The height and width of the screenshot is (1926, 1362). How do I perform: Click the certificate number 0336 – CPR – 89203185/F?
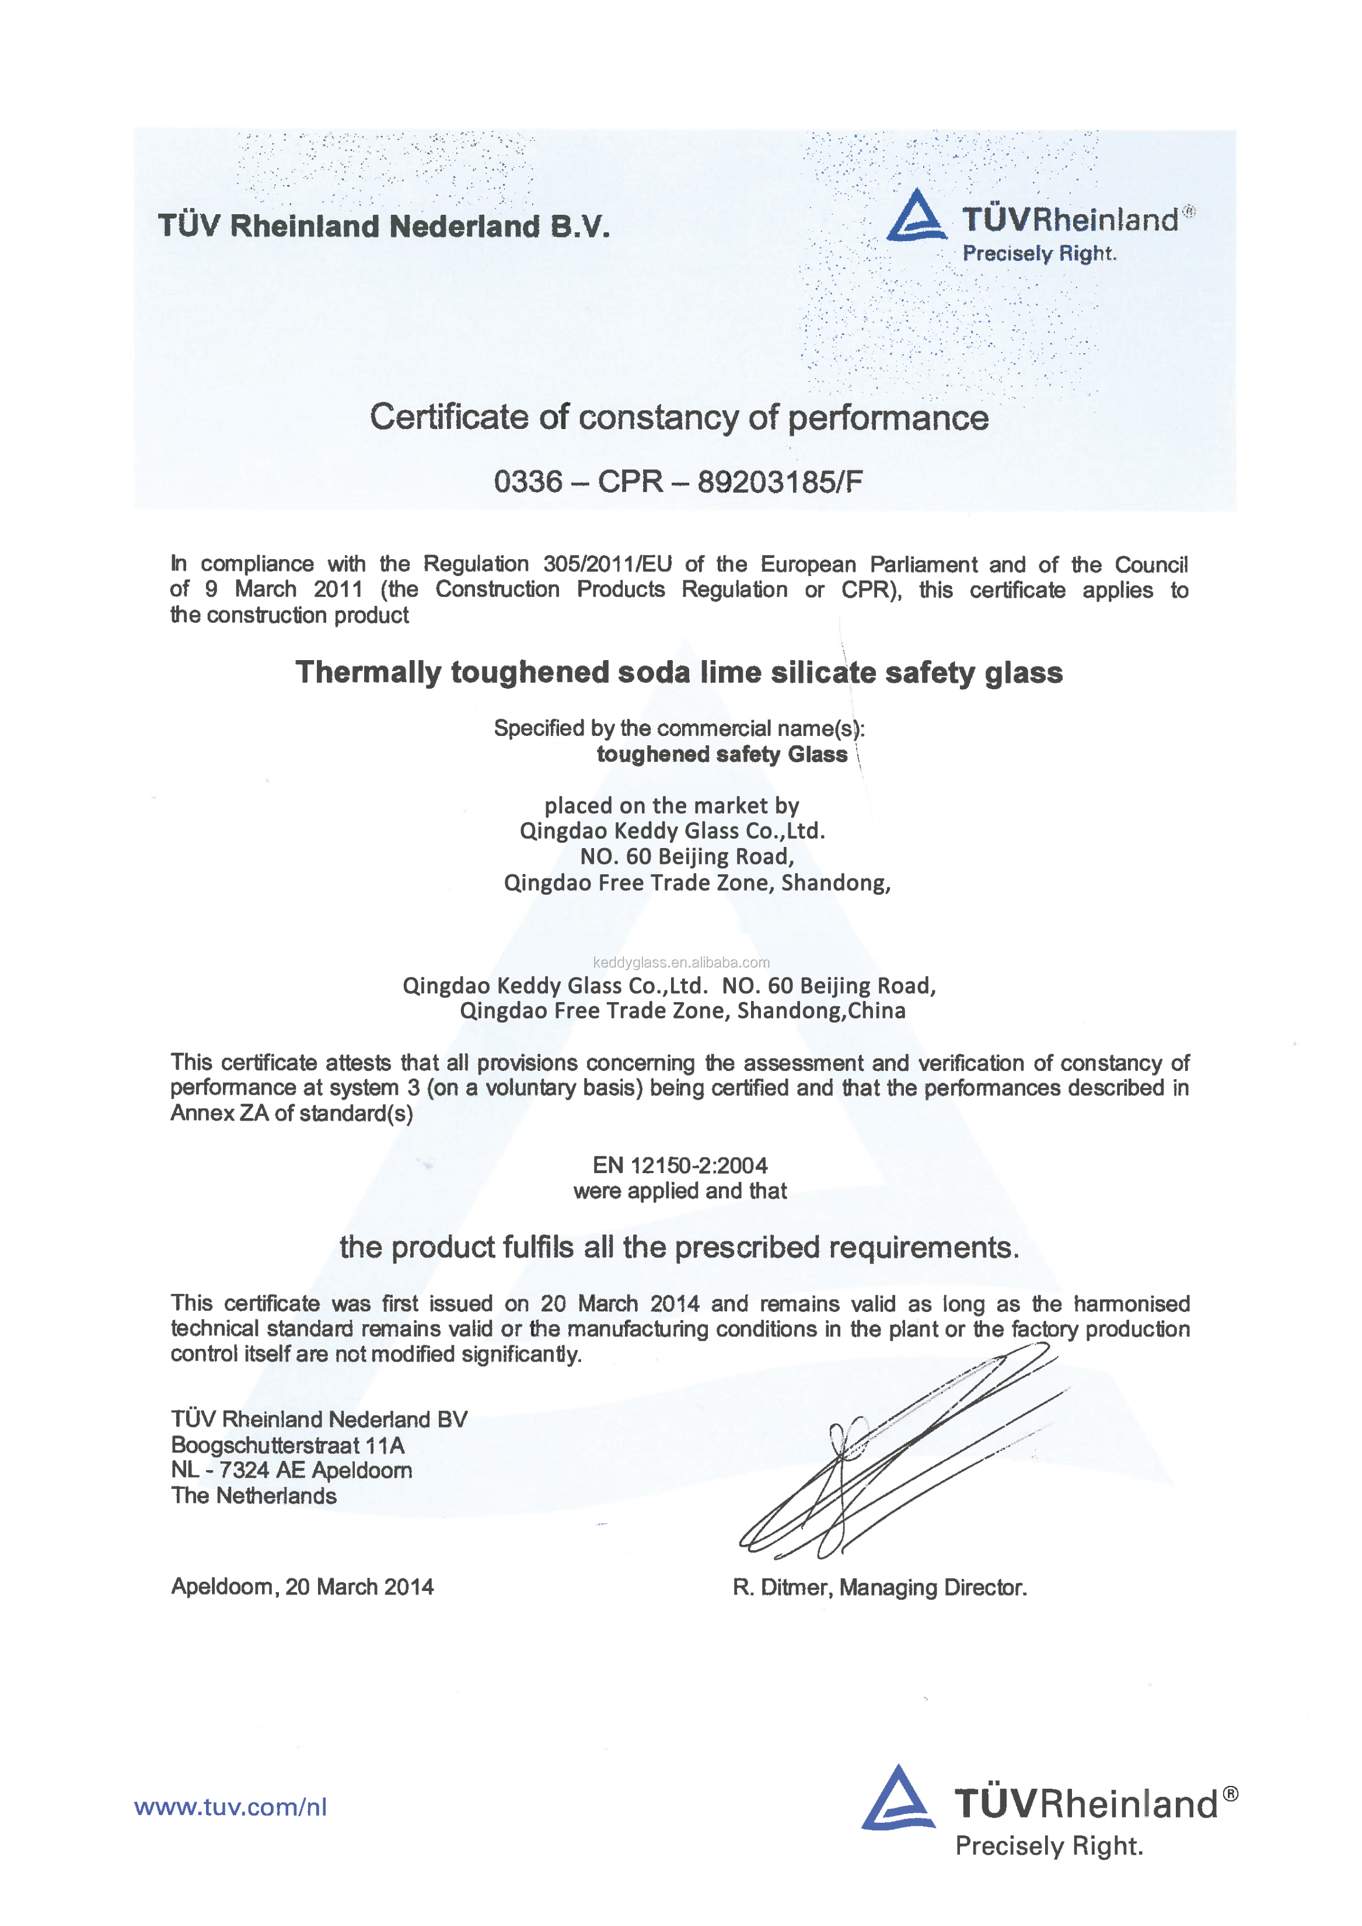coord(677,481)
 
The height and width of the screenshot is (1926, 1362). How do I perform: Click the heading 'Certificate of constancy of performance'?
coord(679,417)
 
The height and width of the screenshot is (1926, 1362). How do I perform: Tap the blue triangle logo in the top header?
coord(917,215)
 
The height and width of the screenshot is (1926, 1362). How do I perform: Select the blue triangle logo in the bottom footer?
coord(897,1799)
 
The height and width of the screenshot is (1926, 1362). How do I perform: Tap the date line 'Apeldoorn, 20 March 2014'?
coord(302,1586)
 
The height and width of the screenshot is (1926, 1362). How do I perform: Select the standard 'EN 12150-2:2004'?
coord(680,1165)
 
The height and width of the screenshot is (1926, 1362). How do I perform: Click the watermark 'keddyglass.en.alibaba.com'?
coord(681,962)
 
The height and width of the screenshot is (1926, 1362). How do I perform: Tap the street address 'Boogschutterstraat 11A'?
coord(288,1445)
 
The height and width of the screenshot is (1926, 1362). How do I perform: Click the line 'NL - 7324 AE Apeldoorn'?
coord(291,1471)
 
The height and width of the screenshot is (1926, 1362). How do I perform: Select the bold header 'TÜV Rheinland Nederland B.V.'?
coord(384,226)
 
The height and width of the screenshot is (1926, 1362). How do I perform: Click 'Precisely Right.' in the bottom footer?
coord(1049,1845)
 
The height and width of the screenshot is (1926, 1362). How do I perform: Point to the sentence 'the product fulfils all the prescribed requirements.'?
coord(679,1247)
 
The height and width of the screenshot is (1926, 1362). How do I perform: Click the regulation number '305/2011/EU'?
coord(607,564)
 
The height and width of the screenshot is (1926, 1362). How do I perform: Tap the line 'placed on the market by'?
coord(672,805)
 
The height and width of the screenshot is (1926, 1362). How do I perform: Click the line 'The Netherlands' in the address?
coord(253,1496)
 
